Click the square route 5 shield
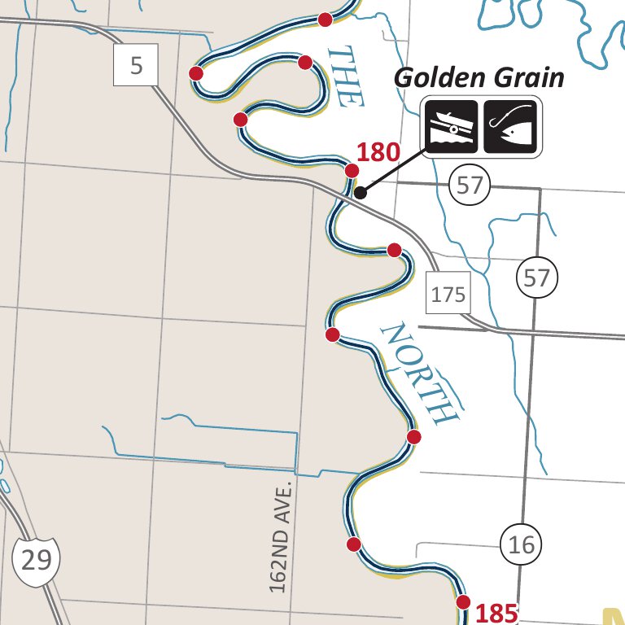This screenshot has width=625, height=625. pyautogui.click(x=136, y=65)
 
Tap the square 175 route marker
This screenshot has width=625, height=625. pyautogui.click(x=448, y=294)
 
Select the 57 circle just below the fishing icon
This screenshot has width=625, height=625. pyautogui.click(x=470, y=186)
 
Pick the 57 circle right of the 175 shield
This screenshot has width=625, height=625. pyautogui.click(x=536, y=278)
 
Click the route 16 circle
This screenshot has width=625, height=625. pyautogui.click(x=521, y=544)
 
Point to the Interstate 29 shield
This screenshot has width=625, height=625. pyautogui.click(x=37, y=559)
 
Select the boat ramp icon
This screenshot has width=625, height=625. pyautogui.click(x=450, y=126)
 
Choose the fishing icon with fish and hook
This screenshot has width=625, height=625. pyautogui.click(x=510, y=126)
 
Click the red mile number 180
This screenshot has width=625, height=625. pyautogui.click(x=378, y=152)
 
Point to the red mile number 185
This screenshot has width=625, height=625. pyautogui.click(x=496, y=613)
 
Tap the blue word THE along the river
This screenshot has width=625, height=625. pyautogui.click(x=343, y=77)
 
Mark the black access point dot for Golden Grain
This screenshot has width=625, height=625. pyautogui.click(x=361, y=193)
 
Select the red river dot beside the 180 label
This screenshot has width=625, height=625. pyautogui.click(x=352, y=170)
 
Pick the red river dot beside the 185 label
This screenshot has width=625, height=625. pyautogui.click(x=463, y=602)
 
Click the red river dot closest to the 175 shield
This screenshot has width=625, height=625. pyautogui.click(x=395, y=249)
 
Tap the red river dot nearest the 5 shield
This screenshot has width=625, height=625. pyautogui.click(x=196, y=73)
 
